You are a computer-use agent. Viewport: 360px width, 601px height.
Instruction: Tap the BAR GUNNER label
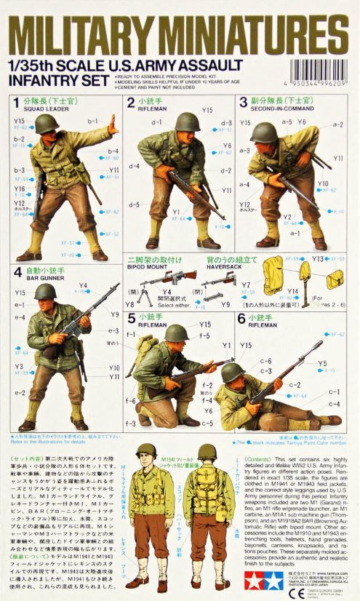pos(41,277)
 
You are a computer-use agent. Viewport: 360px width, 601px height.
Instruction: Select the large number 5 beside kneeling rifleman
pos(131,318)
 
